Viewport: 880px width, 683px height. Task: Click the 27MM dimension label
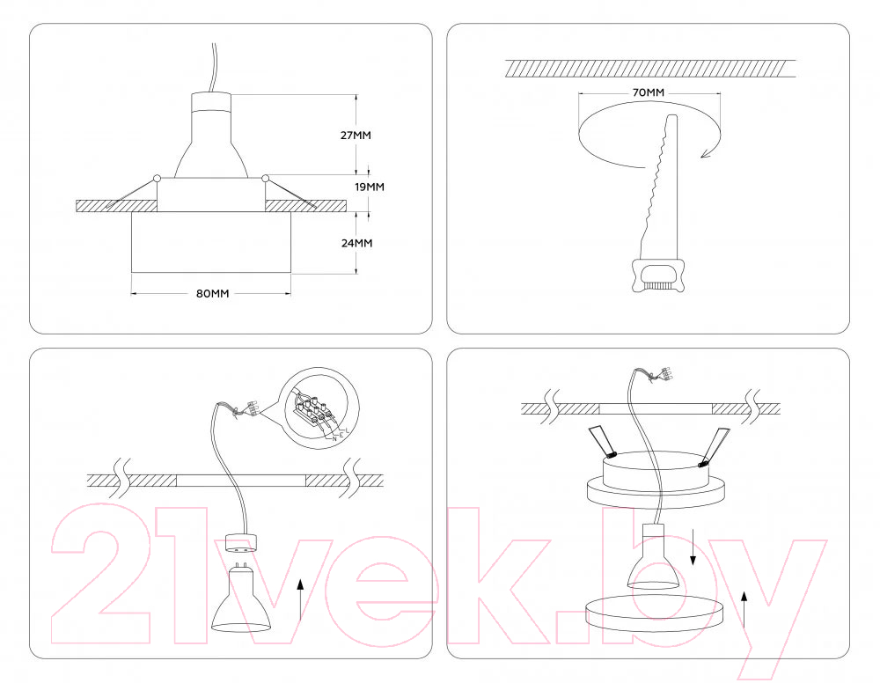click(356, 136)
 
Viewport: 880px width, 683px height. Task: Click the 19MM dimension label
click(370, 187)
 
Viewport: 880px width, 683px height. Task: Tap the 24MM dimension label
click(357, 243)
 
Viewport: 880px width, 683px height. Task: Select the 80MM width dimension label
click(213, 293)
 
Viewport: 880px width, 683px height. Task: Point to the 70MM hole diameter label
click(649, 92)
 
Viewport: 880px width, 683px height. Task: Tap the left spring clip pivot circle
click(158, 179)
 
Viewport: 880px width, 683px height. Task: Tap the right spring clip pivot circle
click(265, 179)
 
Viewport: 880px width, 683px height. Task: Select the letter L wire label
click(348, 430)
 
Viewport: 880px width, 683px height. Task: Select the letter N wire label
click(335, 439)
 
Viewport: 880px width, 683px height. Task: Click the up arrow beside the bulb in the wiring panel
click(300, 600)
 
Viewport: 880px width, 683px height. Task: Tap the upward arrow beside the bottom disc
click(744, 608)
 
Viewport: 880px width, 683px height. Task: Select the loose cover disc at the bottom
click(654, 614)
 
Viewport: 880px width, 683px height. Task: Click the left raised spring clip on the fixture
click(602, 442)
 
